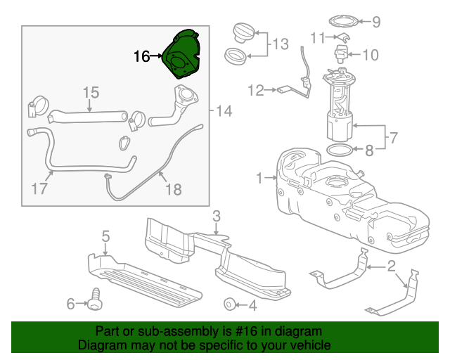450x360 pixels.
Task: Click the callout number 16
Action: point(142,56)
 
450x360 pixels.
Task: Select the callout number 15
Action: point(91,93)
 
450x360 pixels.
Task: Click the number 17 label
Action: point(40,188)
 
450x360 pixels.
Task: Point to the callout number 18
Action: point(172,188)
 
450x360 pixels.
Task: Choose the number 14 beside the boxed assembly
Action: point(224,111)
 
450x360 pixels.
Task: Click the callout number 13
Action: point(281,44)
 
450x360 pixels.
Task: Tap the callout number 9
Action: point(376,22)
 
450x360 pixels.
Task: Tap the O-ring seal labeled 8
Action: point(340,150)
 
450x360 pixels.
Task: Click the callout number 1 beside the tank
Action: point(259,178)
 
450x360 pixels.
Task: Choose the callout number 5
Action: point(105,236)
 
